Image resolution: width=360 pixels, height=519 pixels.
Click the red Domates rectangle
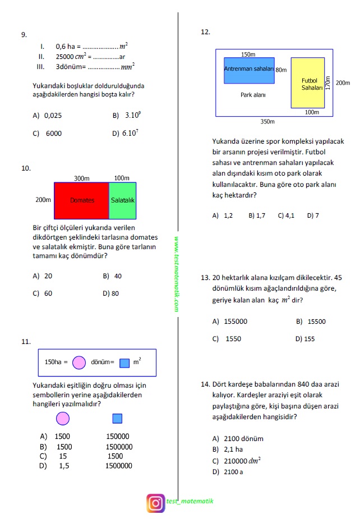(x=81, y=200)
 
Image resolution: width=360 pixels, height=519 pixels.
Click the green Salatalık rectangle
(x=122, y=200)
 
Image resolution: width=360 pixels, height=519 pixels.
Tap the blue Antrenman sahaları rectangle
(x=249, y=70)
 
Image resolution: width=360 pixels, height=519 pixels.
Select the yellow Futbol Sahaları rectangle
(x=312, y=82)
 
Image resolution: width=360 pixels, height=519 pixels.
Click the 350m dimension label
(x=267, y=121)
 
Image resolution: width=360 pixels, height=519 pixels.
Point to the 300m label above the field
(x=82, y=178)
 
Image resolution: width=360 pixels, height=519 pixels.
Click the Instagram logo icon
(x=155, y=503)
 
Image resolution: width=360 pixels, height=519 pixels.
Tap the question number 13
(x=205, y=278)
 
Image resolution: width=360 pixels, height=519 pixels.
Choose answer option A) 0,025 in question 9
(x=48, y=116)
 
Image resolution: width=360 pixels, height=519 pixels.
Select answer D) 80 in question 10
(x=111, y=293)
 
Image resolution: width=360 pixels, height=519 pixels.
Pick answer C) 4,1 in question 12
(x=286, y=215)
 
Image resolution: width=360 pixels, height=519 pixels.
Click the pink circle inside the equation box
(x=80, y=362)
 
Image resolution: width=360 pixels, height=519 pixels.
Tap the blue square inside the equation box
(x=124, y=362)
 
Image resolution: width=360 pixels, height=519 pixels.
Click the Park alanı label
(x=253, y=95)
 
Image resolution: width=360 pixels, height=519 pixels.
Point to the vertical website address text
(x=176, y=273)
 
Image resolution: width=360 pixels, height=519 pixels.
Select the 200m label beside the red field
(x=43, y=200)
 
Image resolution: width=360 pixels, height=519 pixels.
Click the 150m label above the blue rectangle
(x=248, y=54)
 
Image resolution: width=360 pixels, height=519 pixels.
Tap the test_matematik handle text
(x=190, y=501)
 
